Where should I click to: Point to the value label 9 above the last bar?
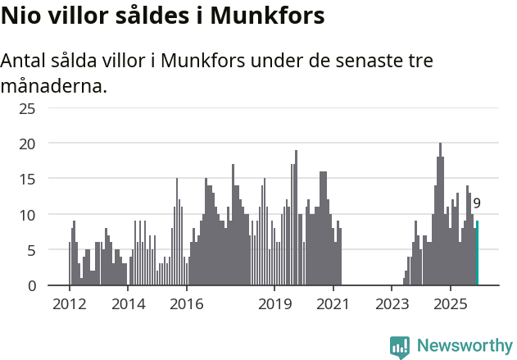click(477, 203)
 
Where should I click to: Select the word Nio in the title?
click(20, 16)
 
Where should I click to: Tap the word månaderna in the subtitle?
click(54, 85)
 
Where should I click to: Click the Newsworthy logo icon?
click(400, 347)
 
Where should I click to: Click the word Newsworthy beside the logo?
click(465, 346)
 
